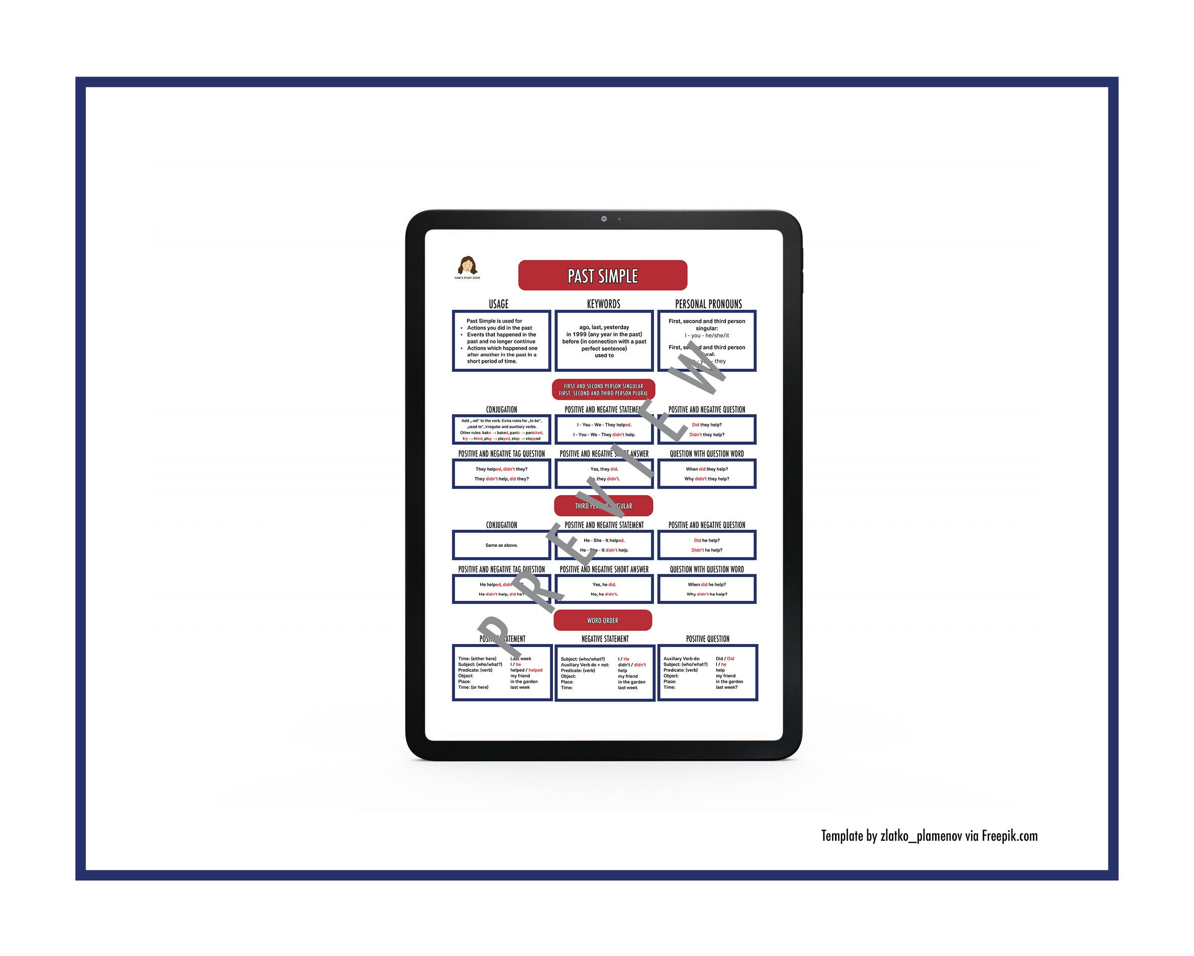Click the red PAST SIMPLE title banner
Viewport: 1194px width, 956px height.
tap(603, 275)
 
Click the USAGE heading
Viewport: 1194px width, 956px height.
tap(498, 304)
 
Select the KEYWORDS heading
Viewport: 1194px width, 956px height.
tap(604, 304)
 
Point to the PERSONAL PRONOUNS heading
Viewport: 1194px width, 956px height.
tap(708, 304)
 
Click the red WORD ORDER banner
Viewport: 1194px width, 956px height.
tap(603, 620)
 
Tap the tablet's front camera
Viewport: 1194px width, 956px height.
tap(604, 219)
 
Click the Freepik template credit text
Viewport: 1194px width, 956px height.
tap(929, 836)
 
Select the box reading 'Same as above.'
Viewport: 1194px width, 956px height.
tap(501, 545)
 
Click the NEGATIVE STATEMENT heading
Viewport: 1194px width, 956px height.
tap(605, 639)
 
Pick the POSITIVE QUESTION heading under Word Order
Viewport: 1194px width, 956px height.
tap(708, 639)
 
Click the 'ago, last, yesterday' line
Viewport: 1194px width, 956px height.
tap(604, 328)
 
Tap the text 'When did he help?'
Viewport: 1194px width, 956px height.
tap(707, 584)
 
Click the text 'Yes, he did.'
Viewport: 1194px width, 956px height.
tap(604, 584)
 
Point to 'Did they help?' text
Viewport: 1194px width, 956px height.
tap(707, 425)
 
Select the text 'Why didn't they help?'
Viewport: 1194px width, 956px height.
tap(707, 479)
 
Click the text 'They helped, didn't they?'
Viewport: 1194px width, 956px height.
tap(501, 469)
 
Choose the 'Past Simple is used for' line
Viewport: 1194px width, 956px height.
tap(494, 321)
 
